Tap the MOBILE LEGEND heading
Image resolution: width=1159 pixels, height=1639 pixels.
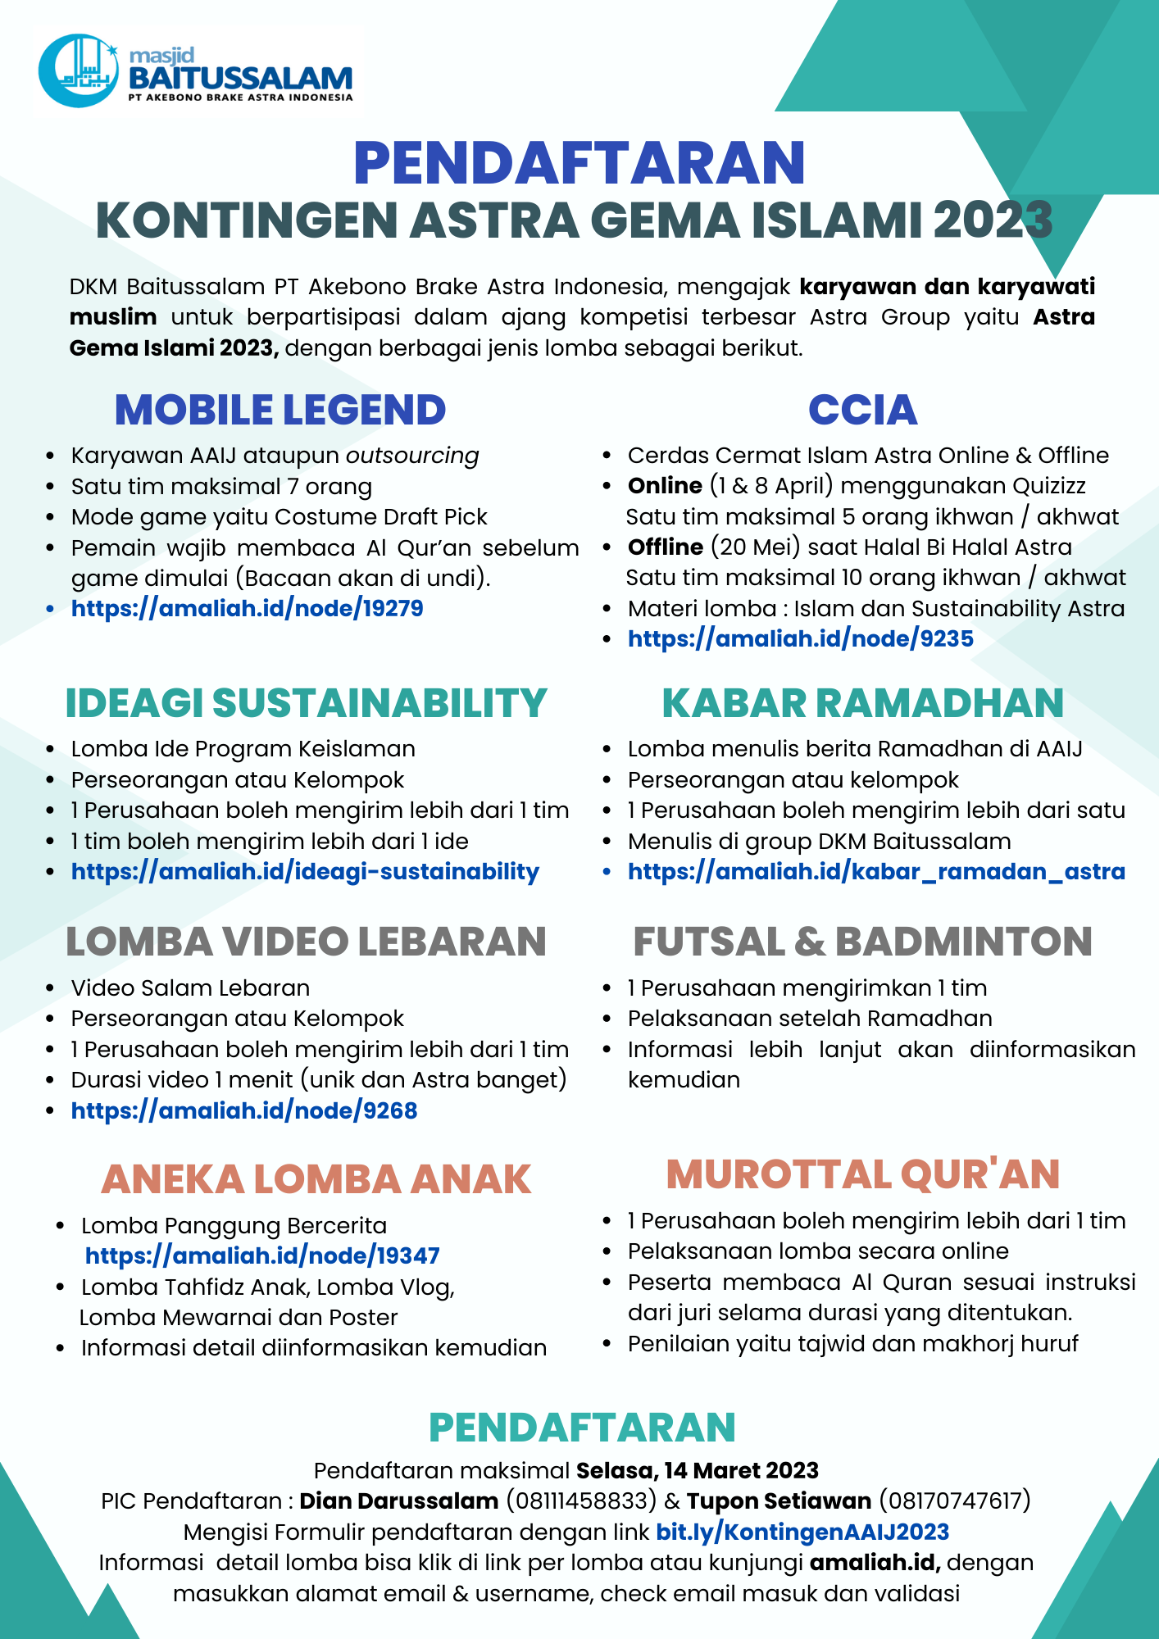(280, 410)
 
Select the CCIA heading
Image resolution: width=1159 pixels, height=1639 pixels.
(862, 410)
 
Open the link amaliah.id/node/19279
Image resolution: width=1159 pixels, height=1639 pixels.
(247, 609)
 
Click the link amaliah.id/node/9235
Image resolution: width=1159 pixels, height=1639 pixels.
(800, 639)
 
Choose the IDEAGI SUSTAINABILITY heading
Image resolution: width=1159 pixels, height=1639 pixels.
(306, 703)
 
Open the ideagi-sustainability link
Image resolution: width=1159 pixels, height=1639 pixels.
(305, 872)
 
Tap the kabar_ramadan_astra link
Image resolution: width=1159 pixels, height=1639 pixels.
(876, 872)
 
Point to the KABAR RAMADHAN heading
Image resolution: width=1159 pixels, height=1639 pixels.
(862, 703)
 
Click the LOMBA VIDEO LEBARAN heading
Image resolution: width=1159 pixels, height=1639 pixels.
(306, 942)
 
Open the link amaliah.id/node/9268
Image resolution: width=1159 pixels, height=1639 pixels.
(244, 1111)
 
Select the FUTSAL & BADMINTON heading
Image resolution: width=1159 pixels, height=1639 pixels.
(862, 942)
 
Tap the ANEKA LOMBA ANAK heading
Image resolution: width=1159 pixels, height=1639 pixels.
(316, 1179)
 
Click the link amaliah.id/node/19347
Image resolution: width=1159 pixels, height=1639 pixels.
(262, 1256)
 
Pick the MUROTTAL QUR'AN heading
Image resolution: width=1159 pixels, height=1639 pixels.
(862, 1174)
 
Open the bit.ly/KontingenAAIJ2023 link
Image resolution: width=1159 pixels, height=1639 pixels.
(802, 1532)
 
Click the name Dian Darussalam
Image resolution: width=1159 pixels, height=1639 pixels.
(399, 1501)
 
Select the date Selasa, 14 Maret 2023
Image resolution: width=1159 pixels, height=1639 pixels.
(698, 1471)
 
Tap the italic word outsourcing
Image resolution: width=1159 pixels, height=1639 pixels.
(412, 456)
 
